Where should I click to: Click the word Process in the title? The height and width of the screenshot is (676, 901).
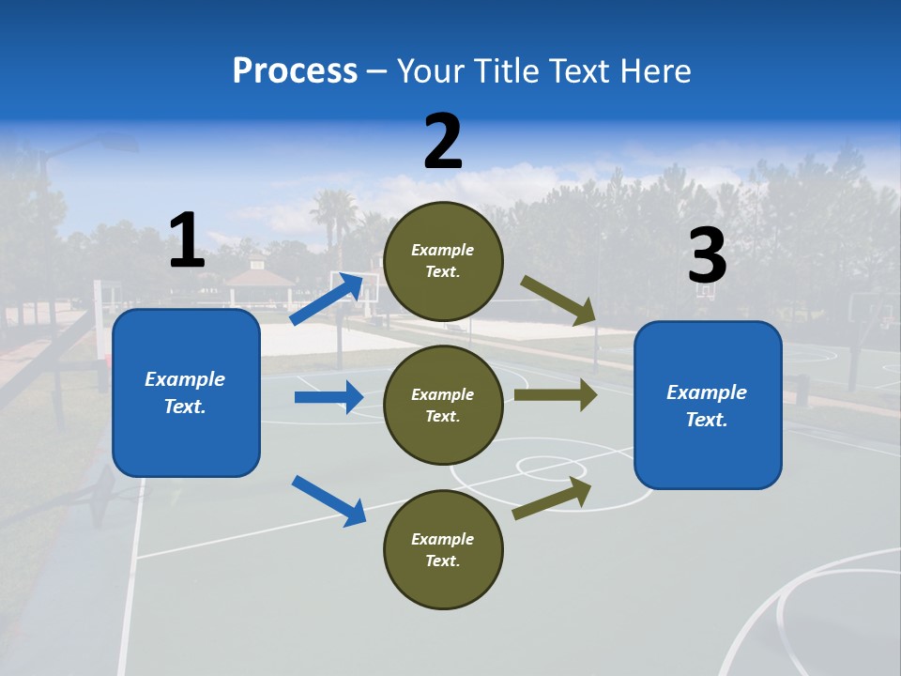point(295,71)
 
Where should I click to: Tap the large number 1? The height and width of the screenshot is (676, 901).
point(187,240)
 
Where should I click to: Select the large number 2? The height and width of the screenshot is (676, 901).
point(443,142)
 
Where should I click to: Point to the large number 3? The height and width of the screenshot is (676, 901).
point(707,256)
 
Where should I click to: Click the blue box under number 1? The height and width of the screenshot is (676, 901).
point(186,392)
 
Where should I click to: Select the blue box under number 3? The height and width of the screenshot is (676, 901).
point(708,405)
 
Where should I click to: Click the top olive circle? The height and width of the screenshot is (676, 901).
point(443,261)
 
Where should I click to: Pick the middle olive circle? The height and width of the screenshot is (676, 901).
point(443,405)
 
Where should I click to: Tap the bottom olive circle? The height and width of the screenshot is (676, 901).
point(443,549)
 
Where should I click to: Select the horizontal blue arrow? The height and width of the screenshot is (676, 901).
point(328,397)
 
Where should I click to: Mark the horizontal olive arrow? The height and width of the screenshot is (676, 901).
point(556,394)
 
